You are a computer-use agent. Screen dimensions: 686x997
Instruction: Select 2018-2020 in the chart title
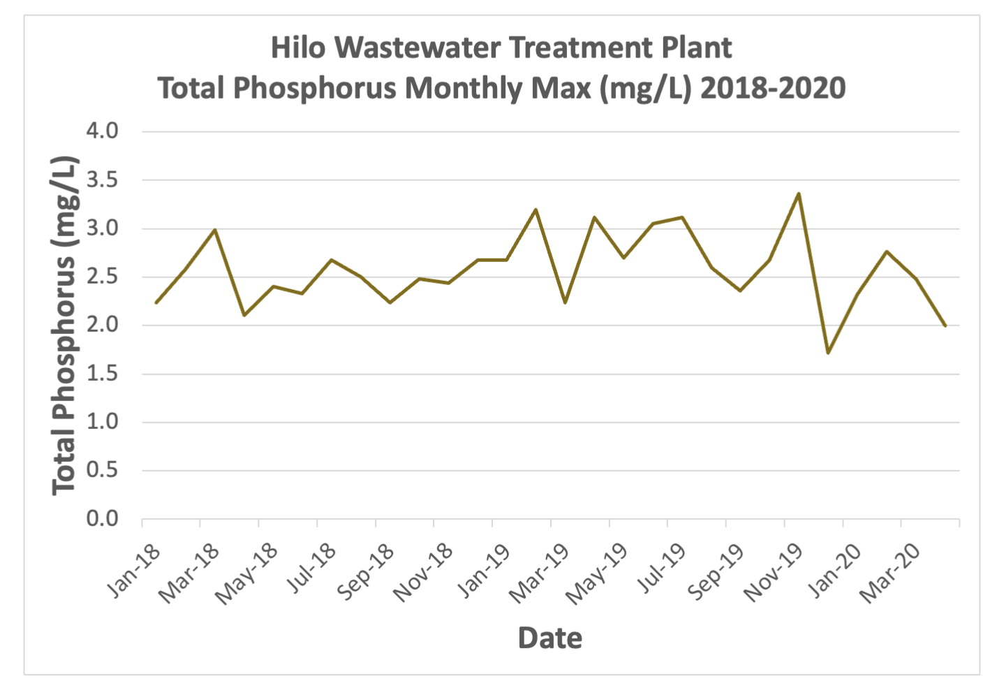pos(773,89)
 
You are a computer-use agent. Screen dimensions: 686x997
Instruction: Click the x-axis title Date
pos(549,638)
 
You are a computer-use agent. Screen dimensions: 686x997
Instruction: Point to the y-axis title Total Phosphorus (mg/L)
pos(64,325)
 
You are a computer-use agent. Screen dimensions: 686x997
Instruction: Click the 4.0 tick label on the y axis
pos(102,131)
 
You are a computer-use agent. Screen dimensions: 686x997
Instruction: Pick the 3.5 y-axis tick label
pos(102,180)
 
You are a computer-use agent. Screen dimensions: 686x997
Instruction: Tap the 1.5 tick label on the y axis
pos(102,374)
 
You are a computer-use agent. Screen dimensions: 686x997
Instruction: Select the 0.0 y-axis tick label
pos(102,519)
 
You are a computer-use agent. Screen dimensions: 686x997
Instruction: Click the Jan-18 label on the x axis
pos(133,571)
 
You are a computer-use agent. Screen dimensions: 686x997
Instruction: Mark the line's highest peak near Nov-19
pos(799,194)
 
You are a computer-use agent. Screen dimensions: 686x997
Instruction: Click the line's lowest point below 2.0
pos(828,353)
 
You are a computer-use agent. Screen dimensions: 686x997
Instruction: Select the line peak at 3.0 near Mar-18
pos(215,229)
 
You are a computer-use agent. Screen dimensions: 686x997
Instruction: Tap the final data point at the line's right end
pos(945,326)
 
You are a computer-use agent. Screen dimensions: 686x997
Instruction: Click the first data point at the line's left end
pos(156,302)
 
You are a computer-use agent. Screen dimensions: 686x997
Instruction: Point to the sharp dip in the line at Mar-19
pos(565,302)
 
